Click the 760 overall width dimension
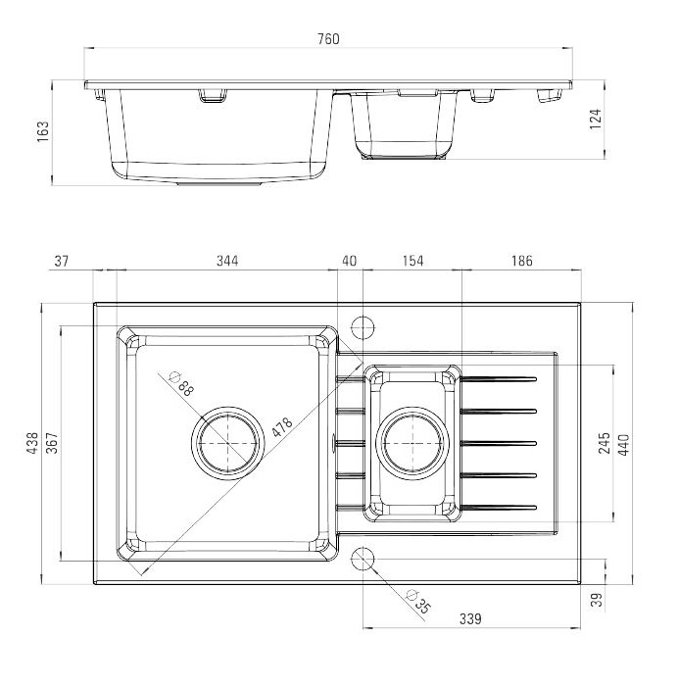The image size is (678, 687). tap(328, 39)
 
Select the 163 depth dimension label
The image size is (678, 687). tap(43, 131)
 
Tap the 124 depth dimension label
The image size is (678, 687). tap(596, 120)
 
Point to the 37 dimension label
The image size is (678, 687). tap(62, 261)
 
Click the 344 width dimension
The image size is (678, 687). tap(227, 261)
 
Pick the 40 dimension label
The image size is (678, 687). tap(349, 261)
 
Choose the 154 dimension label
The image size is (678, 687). tap(412, 261)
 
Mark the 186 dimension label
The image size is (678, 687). tap(521, 261)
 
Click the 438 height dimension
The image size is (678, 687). tap(32, 443)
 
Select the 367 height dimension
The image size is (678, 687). tap(52, 443)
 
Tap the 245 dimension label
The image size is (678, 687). tap(605, 443)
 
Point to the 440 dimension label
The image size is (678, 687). tap(624, 445)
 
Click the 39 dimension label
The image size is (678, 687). tap(597, 600)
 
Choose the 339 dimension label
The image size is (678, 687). tap(470, 619)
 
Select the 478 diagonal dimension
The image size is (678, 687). tap(281, 427)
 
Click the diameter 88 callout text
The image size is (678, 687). tap(181, 383)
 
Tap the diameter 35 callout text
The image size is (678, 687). tap(419, 602)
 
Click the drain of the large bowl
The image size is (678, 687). tap(227, 443)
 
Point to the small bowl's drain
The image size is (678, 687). tap(412, 443)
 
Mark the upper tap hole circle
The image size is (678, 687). tap(363, 327)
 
